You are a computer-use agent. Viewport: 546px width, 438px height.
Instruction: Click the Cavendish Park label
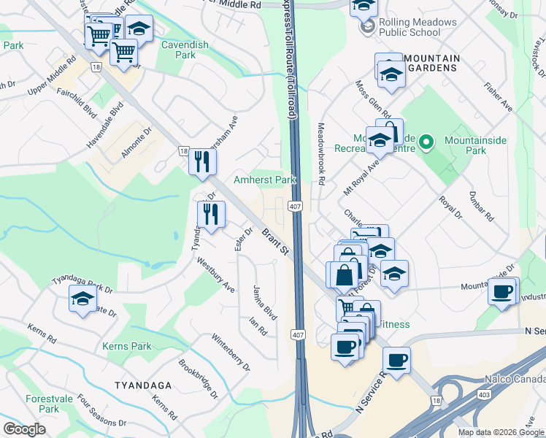[185, 50]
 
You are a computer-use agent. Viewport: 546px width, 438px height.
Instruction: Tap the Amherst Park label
[264, 180]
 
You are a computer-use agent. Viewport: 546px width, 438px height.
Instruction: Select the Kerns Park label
[127, 346]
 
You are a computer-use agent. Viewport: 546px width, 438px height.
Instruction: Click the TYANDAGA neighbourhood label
[142, 385]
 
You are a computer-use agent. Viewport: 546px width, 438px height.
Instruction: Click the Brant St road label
[276, 242]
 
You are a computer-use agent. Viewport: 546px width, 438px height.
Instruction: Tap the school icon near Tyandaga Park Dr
[82, 299]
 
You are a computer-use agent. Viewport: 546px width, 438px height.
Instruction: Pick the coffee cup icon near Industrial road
[502, 293]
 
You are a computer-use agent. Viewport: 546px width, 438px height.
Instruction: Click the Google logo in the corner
[24, 429]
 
